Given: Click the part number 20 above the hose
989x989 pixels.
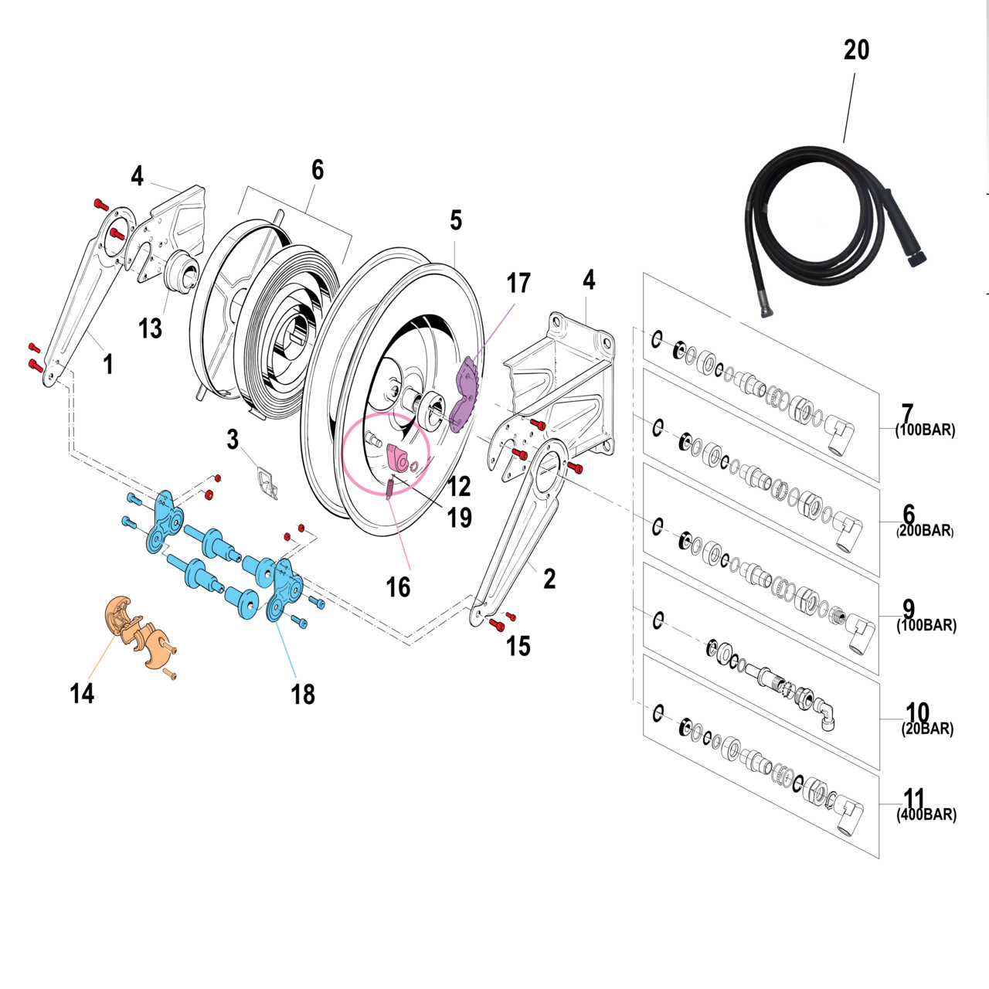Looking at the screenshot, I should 856,50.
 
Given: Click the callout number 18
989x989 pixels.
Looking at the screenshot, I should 303,695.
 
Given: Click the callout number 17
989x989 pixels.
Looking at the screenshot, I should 518,284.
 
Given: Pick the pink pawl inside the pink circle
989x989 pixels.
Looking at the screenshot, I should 399,457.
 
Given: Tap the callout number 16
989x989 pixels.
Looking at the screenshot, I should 398,588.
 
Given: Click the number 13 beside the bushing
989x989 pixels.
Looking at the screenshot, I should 150,329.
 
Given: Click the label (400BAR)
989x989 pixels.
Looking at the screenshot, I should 926,815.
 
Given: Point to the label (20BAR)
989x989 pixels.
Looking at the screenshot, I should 927,729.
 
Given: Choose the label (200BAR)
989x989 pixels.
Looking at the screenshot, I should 925,531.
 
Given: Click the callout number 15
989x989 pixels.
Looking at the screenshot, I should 518,646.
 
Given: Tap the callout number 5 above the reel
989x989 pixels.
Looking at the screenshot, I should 456,221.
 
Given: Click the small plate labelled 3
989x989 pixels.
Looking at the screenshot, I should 267,482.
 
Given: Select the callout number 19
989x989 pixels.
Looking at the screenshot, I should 460,518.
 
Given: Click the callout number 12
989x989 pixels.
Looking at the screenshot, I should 459,486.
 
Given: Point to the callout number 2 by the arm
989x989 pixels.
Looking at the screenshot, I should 549,579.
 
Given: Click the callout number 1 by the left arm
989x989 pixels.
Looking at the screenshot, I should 108,363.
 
